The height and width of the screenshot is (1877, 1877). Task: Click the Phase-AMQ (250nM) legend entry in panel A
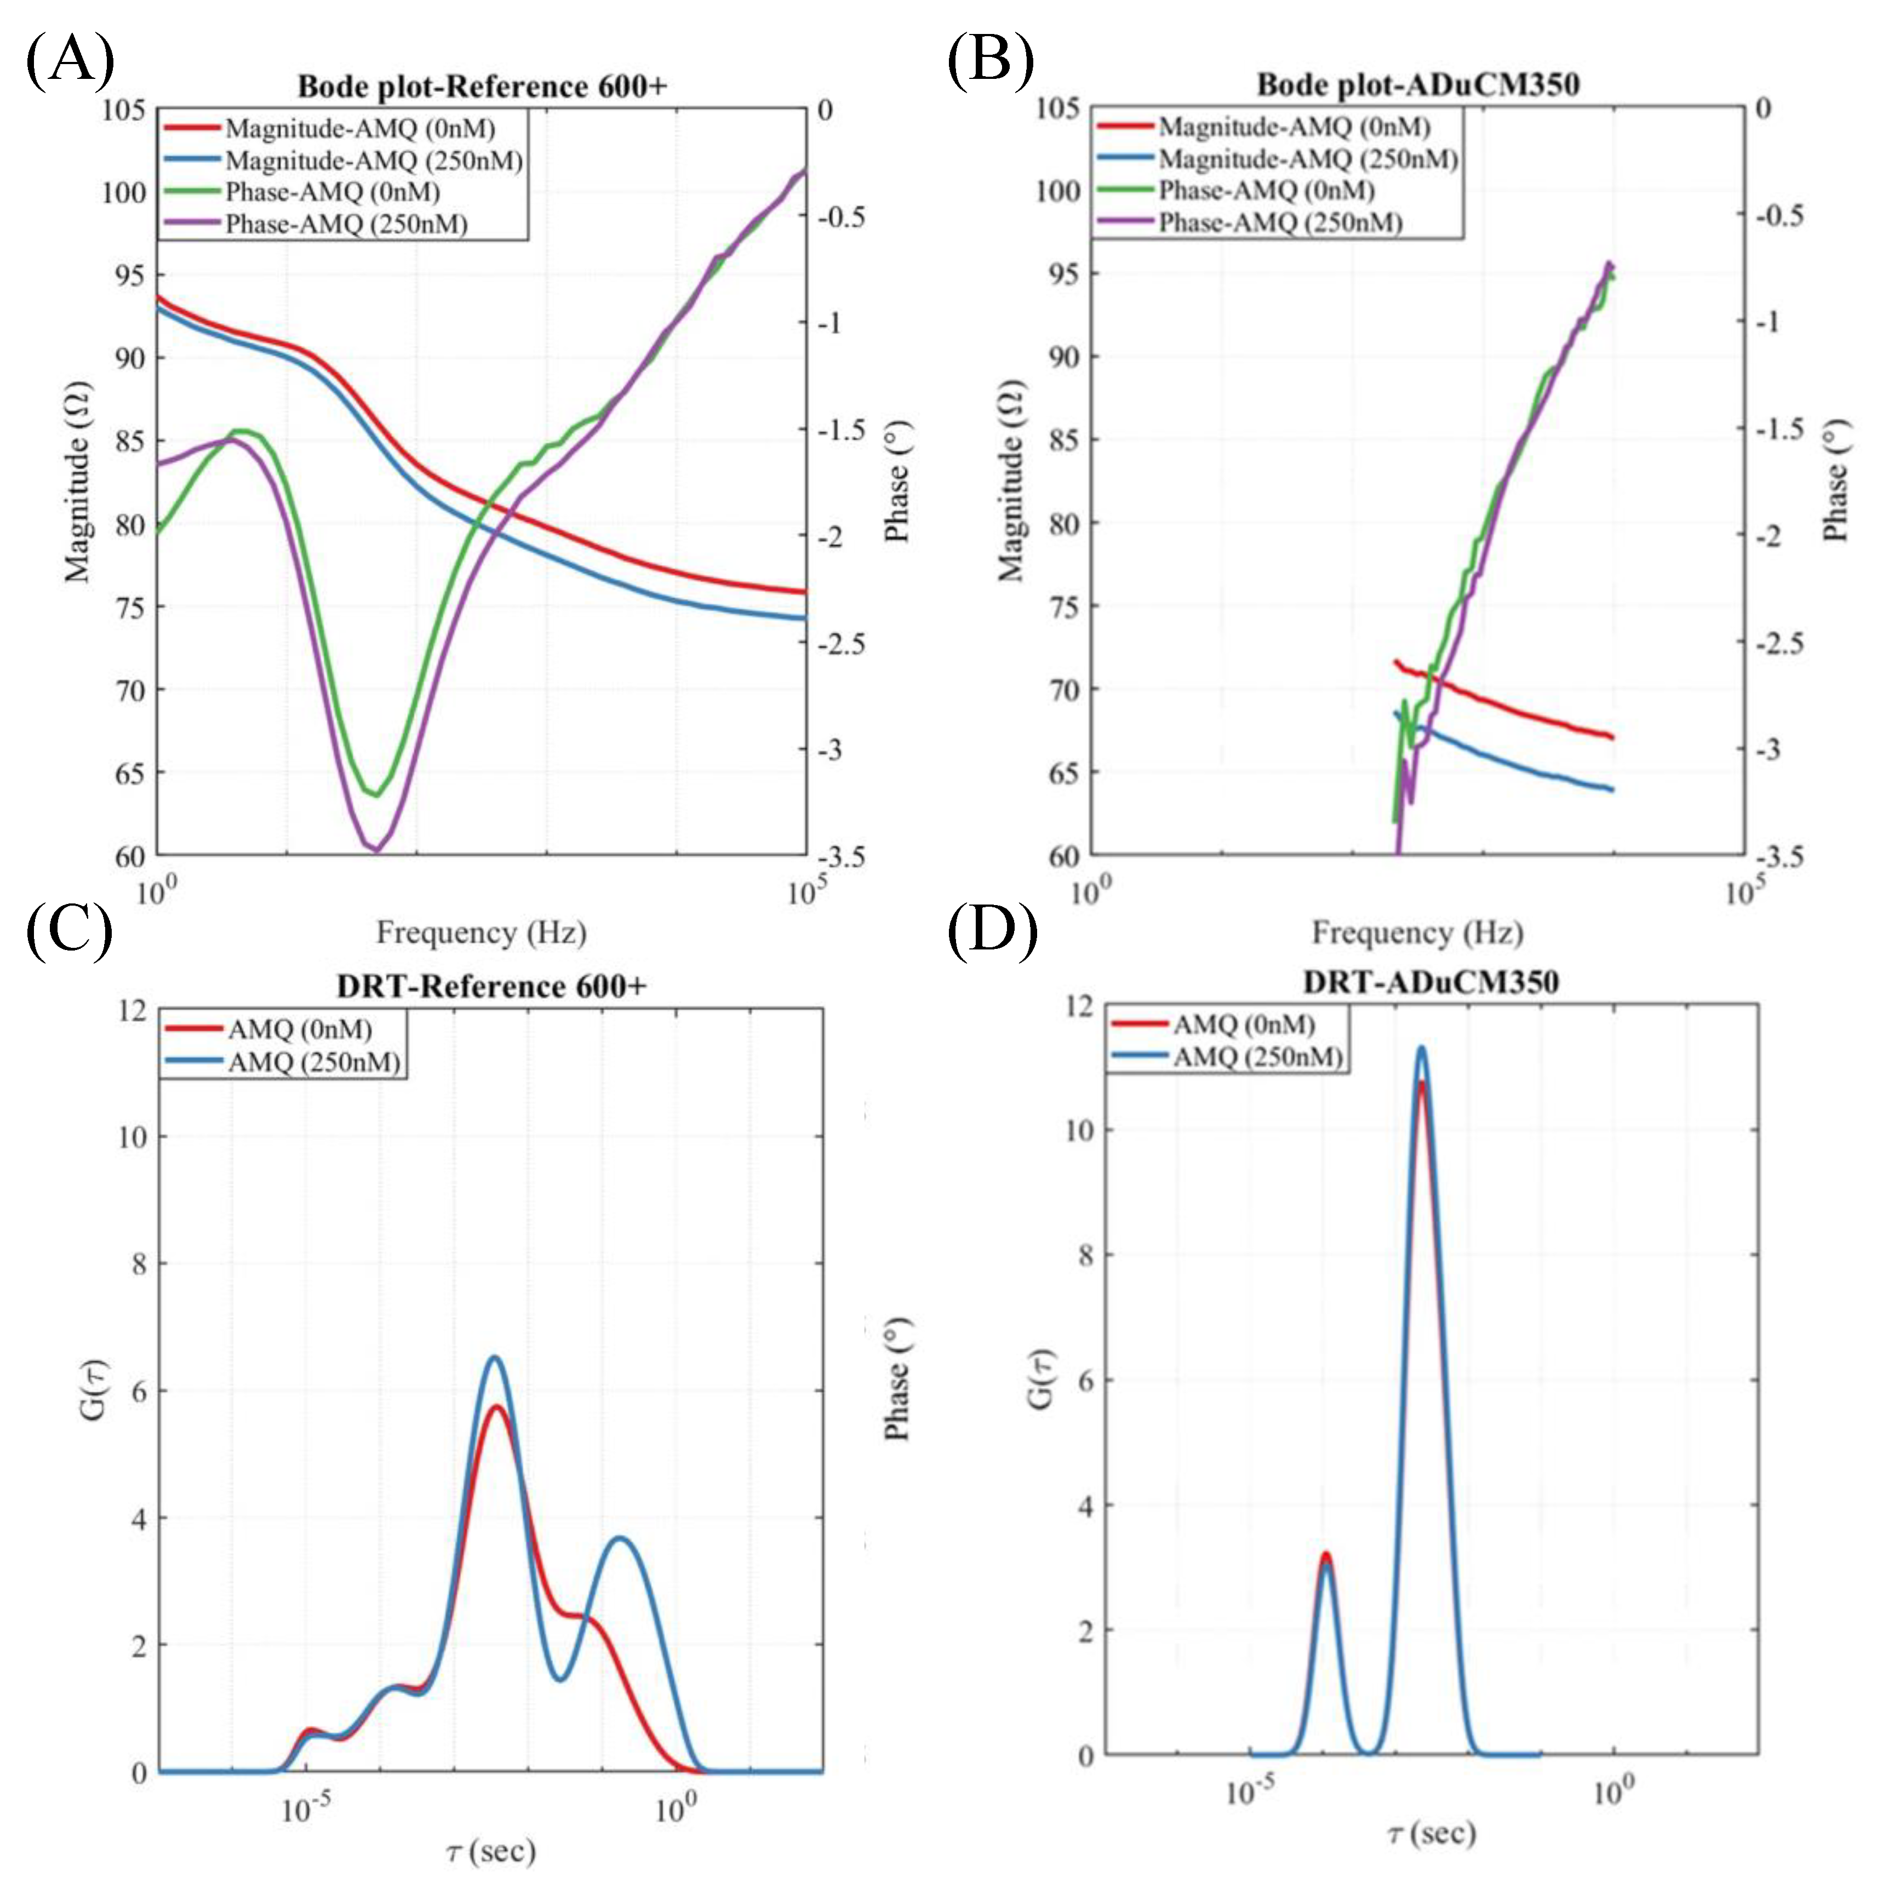tap(346, 225)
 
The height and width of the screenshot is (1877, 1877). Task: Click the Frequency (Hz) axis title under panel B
tap(1416, 932)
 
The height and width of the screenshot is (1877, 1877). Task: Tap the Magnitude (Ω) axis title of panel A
tap(78, 483)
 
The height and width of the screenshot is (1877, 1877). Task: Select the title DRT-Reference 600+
tap(491, 986)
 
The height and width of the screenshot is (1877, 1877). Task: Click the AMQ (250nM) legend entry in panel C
tap(313, 1062)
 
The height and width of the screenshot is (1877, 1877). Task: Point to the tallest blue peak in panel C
tap(495, 1358)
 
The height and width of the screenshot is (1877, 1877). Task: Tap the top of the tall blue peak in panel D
tap(1421, 1048)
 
